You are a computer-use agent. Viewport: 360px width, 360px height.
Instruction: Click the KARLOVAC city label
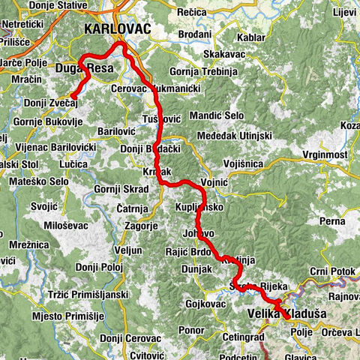point(118,28)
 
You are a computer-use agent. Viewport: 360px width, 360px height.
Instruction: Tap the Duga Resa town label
point(84,69)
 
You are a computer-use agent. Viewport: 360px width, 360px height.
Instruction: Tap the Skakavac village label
point(223,55)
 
